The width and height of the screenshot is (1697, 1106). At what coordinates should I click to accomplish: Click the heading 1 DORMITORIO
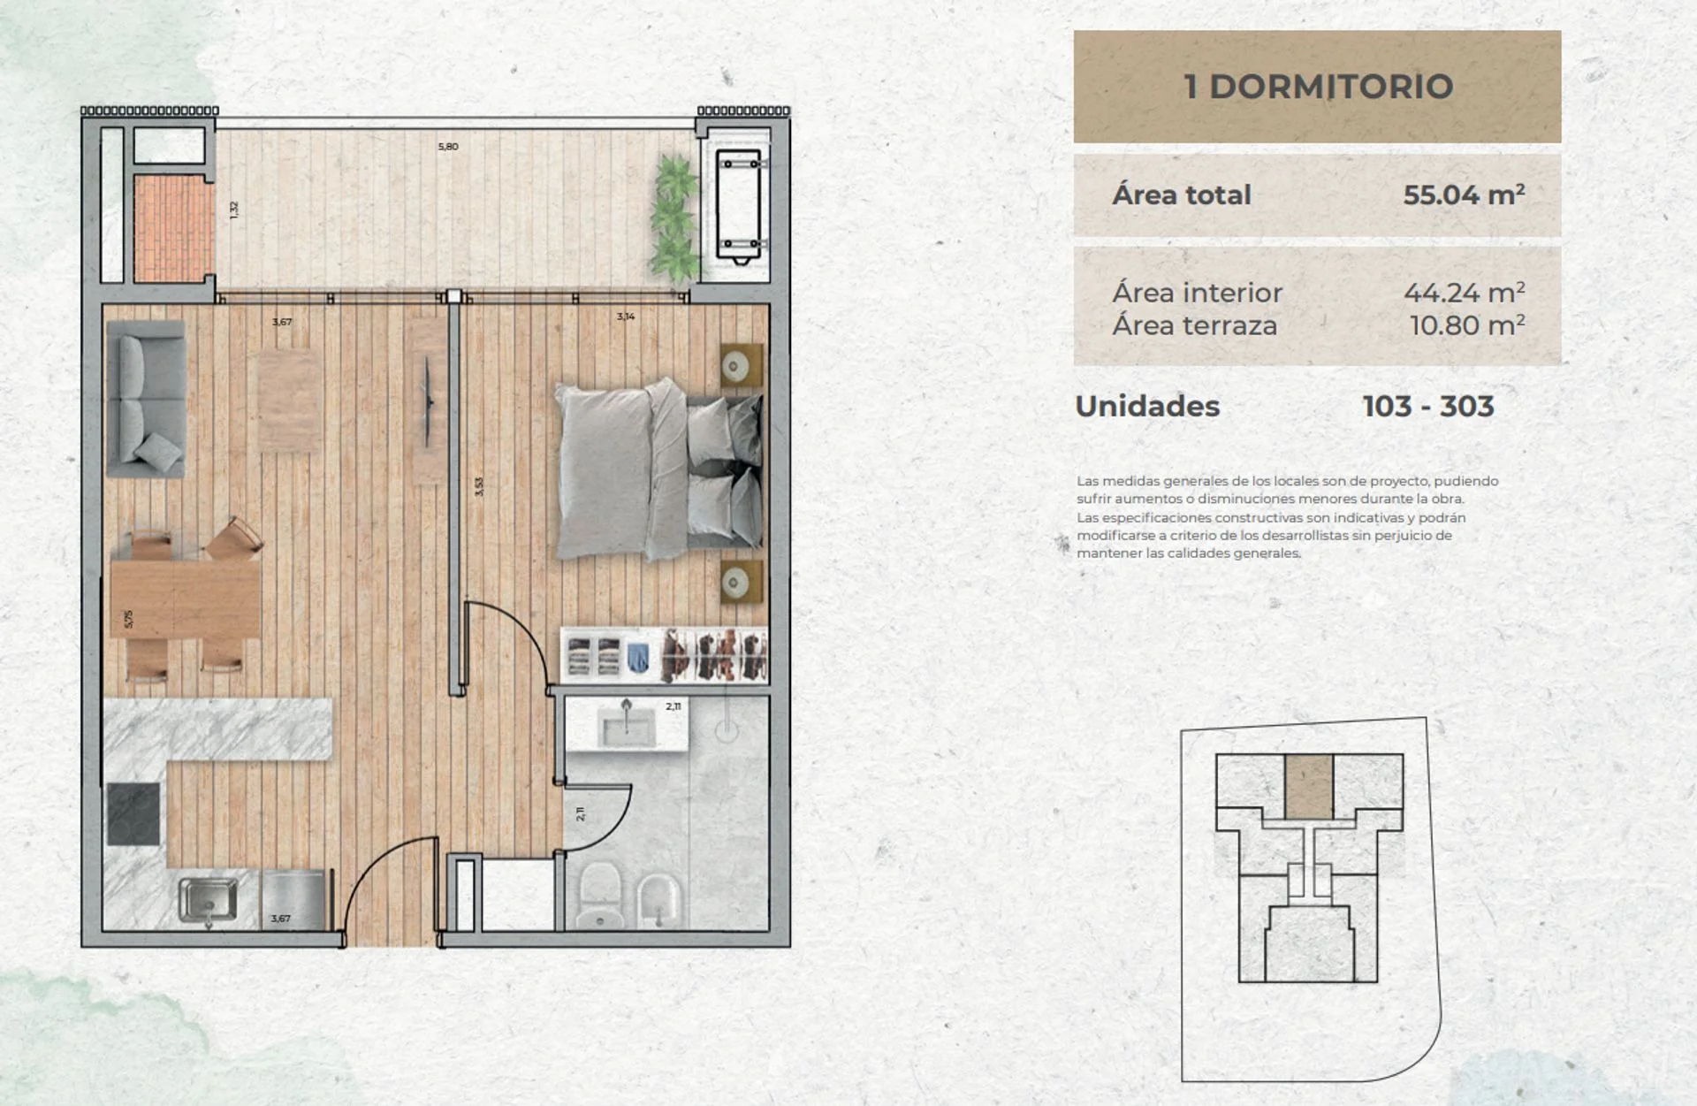tap(1318, 87)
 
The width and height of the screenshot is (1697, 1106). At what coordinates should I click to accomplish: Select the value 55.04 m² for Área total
tap(1464, 195)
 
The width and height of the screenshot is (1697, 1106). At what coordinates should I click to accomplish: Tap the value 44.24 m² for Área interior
tap(1464, 292)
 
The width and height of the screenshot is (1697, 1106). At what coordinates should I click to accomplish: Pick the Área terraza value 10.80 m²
tap(1467, 325)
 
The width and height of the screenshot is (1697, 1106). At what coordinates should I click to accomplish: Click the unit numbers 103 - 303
tap(1428, 406)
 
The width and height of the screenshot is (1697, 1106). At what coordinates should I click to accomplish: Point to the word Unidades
tap(1147, 406)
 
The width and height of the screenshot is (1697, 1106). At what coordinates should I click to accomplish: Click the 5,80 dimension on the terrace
tap(448, 147)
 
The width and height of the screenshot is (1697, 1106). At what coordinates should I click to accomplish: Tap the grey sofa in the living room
tap(146, 399)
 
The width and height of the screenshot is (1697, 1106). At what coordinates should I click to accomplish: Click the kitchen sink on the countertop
tap(209, 899)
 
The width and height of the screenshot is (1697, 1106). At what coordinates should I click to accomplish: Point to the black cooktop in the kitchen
tap(134, 813)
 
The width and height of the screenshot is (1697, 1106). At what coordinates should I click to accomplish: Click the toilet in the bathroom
tap(600, 895)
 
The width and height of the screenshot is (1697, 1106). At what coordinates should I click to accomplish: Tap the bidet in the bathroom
tap(658, 901)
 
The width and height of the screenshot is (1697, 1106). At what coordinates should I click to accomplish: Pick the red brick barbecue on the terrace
tap(174, 228)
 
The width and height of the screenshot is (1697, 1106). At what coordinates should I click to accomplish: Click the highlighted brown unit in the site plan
tap(1309, 786)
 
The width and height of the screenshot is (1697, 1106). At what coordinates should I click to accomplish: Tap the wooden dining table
tap(186, 599)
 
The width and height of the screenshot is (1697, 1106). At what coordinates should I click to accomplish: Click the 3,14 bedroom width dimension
tap(626, 317)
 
